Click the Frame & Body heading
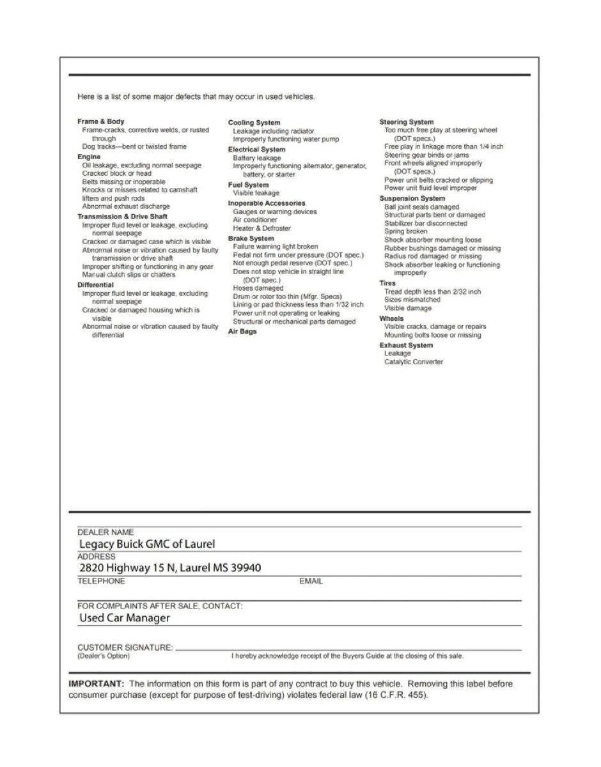pyautogui.click(x=101, y=121)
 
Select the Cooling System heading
pyautogui.click(x=254, y=123)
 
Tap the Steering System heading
pyautogui.click(x=406, y=122)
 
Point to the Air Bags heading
pyautogui.click(x=242, y=332)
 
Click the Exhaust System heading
pyautogui.click(x=406, y=345)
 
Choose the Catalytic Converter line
pyautogui.click(x=413, y=362)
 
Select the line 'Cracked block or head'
pyautogui.click(x=117, y=173)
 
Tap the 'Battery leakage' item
pyautogui.click(x=257, y=158)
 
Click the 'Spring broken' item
pyautogui.click(x=406, y=231)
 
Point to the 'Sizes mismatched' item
pyautogui.click(x=412, y=299)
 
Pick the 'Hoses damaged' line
pyautogui.click(x=258, y=288)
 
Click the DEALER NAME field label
pyautogui.click(x=105, y=532)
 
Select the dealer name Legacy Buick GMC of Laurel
pyautogui.click(x=147, y=545)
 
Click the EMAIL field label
pyautogui.click(x=311, y=581)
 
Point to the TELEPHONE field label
pyautogui.click(x=101, y=581)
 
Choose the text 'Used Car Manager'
pyautogui.click(x=125, y=618)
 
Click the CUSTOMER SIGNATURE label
pyautogui.click(x=125, y=647)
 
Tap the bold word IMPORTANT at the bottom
pyautogui.click(x=96, y=684)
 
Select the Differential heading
pyautogui.click(x=95, y=285)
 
